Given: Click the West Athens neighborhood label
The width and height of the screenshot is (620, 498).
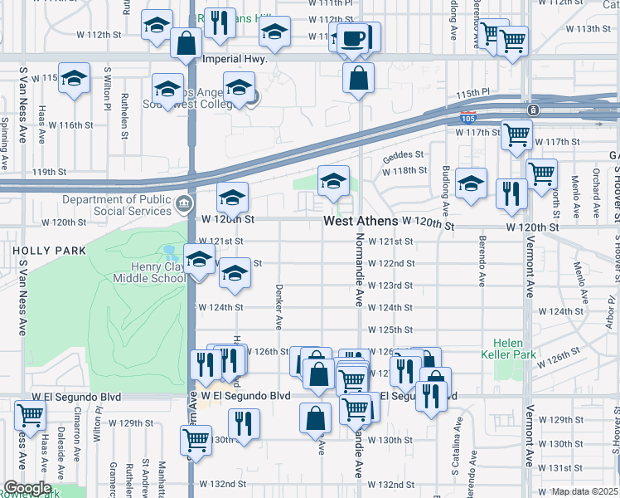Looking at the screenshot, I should pyautogui.click(x=359, y=222).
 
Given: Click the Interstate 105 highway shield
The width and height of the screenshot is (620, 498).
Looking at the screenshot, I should pyautogui.click(x=467, y=117).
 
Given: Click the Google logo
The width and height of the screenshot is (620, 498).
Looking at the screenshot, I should pyautogui.click(x=27, y=488).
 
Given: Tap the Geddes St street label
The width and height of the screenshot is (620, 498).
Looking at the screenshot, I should pyautogui.click(x=403, y=154).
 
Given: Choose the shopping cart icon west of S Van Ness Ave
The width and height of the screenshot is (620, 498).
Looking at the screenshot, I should pyautogui.click(x=31, y=416).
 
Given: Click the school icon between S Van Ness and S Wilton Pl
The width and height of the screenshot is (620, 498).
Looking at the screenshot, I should pyautogui.click(x=74, y=80).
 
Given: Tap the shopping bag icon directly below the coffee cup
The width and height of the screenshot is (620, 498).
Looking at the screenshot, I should pyautogui.click(x=358, y=80).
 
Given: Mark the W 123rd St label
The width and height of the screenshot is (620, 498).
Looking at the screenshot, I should pyautogui.click(x=390, y=286).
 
